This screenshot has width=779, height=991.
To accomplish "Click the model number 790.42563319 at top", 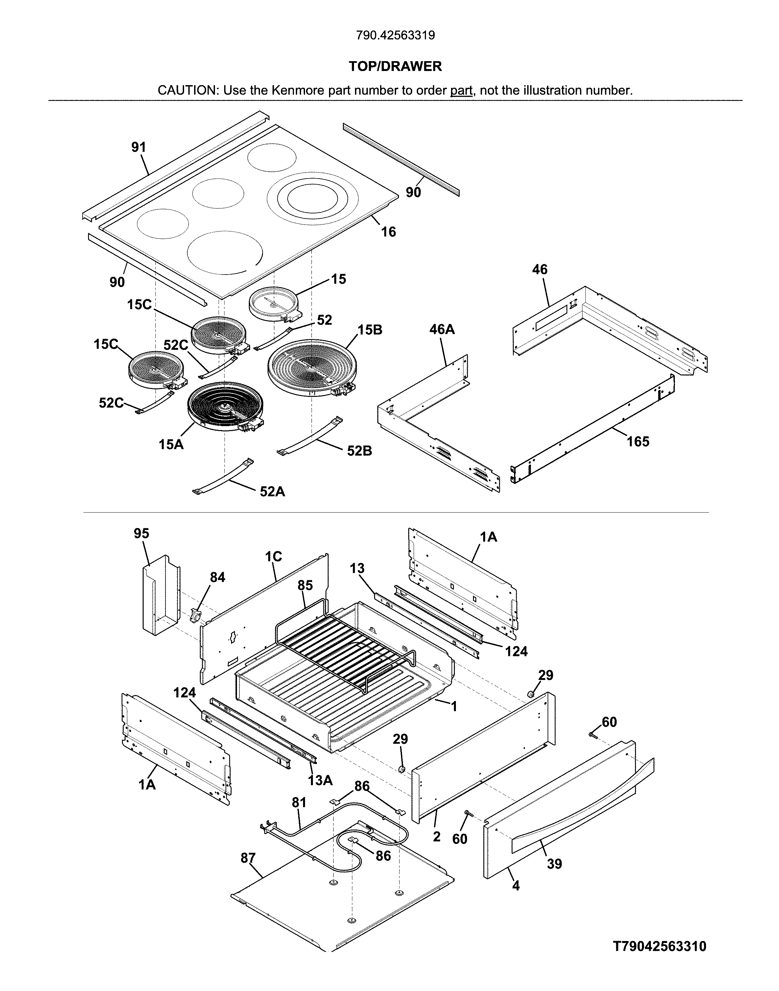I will point(395,35).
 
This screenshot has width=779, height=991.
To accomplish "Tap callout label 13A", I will point(320,780).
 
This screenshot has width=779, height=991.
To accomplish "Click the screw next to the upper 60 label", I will point(593,735).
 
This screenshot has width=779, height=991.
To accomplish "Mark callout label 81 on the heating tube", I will point(299,803).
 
